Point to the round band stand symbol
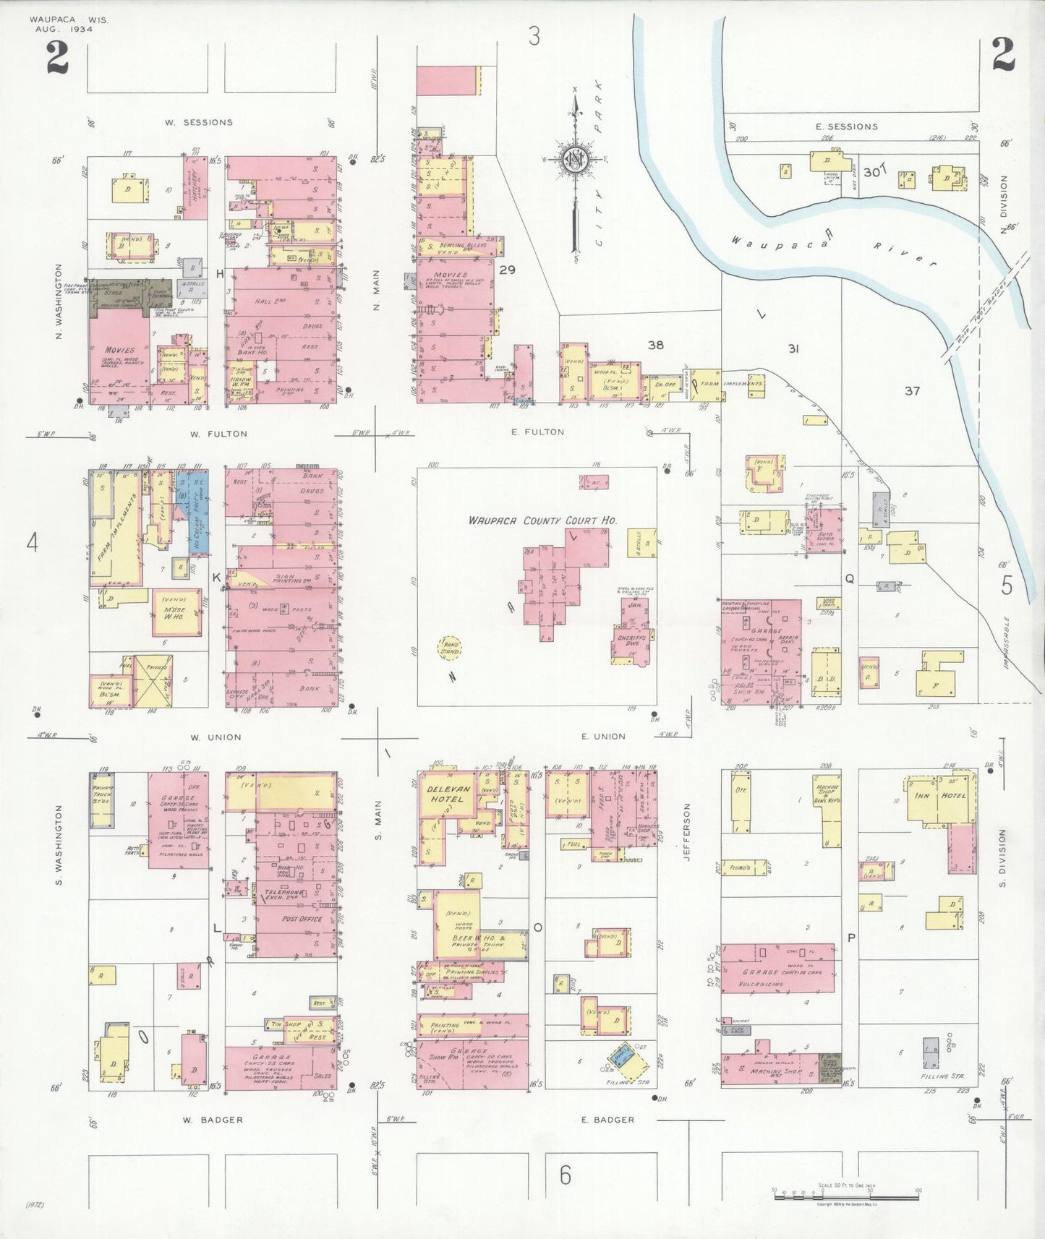[450, 647]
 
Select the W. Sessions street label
[198, 122]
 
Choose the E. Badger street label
[607, 1120]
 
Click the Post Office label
[300, 919]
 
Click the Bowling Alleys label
[464, 246]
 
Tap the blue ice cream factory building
[199, 513]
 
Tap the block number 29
[507, 270]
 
